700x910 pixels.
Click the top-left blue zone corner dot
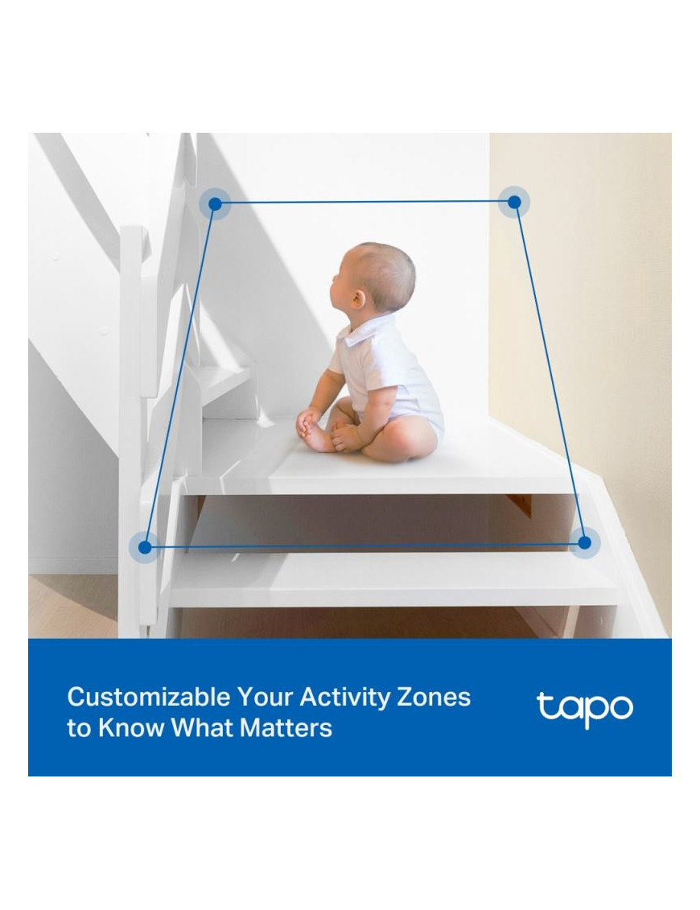coord(216,204)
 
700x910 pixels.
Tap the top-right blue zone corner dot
coord(514,202)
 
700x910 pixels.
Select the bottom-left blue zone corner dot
coord(145,546)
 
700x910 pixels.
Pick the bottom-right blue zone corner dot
coord(584,542)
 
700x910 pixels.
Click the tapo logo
coord(584,709)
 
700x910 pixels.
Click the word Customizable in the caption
coord(149,697)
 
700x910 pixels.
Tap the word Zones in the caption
coord(433,697)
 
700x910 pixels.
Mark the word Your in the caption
coord(266,697)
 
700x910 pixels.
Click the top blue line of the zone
coord(364,203)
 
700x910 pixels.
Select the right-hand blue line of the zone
coord(549,372)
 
